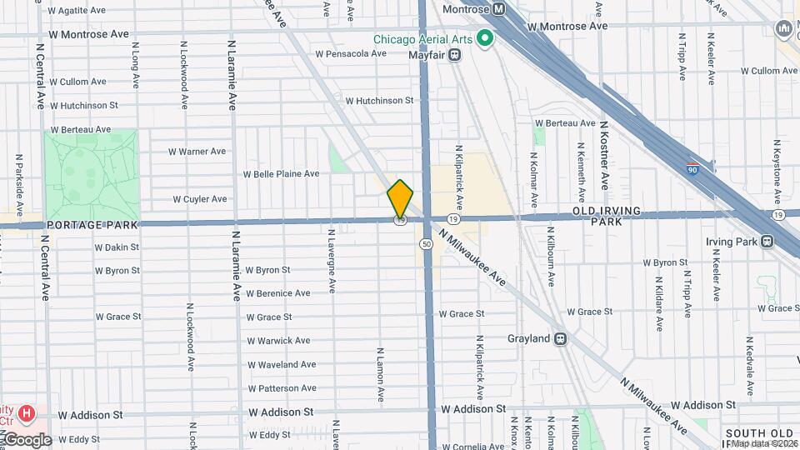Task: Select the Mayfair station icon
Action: click(455, 55)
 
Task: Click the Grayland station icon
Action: click(560, 339)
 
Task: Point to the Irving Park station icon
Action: click(766, 242)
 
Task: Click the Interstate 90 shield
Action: click(692, 169)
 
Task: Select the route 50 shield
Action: click(426, 244)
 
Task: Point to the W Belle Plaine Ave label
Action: click(281, 174)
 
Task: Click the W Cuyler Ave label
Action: click(200, 199)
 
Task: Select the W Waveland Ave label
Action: click(282, 364)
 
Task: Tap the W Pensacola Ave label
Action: click(351, 53)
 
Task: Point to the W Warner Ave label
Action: click(197, 152)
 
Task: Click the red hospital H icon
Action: click(27, 412)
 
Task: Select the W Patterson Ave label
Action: click(282, 388)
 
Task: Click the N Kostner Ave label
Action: click(604, 154)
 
